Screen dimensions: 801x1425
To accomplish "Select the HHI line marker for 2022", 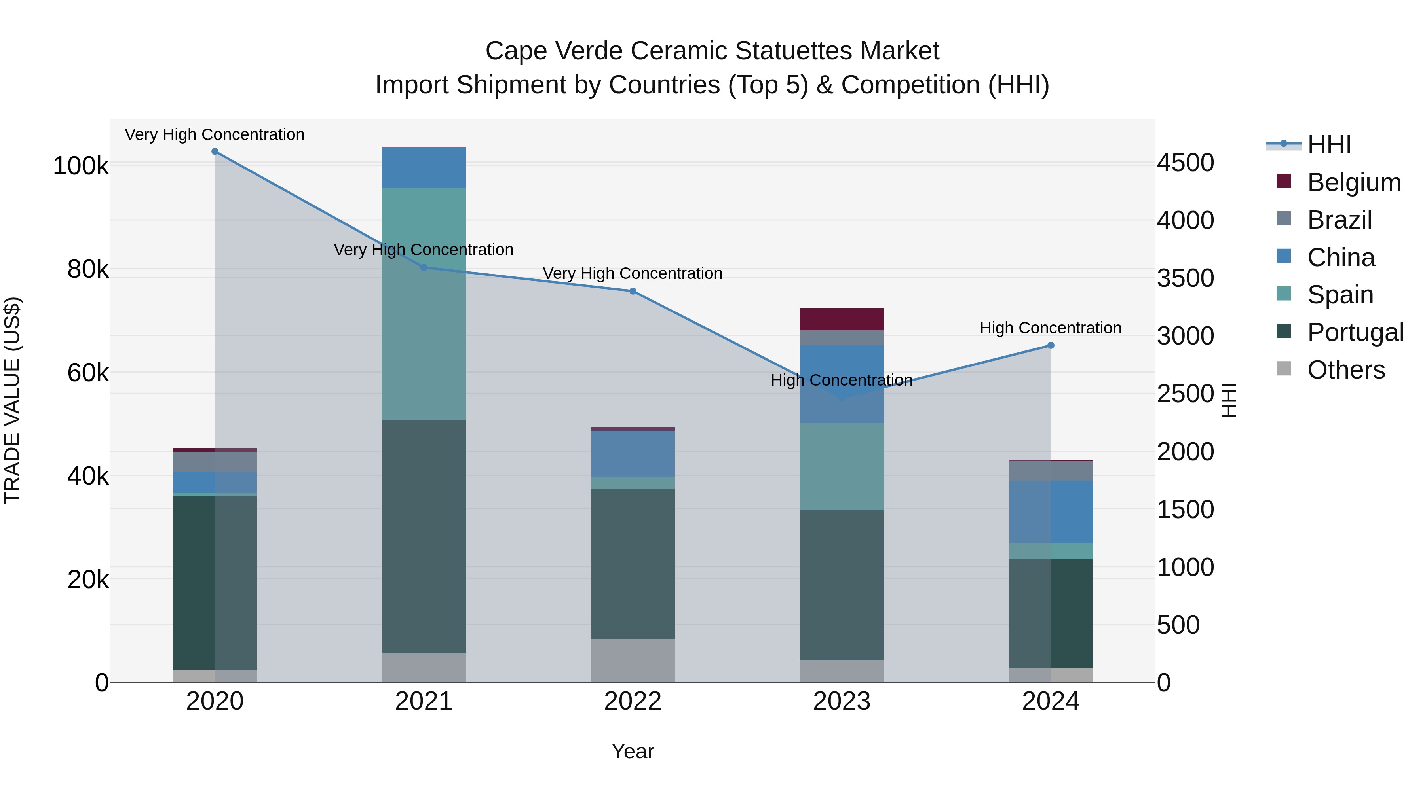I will click(633, 291).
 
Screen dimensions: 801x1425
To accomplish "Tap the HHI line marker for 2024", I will click(1051, 345).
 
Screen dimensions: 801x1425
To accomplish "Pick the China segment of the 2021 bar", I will click(424, 167).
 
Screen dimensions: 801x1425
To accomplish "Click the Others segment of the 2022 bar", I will click(633, 660).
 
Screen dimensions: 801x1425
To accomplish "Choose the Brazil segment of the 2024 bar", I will click(1051, 470).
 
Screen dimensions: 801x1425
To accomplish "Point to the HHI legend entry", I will click(1329, 145).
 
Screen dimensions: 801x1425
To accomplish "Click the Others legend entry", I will click(1345, 370).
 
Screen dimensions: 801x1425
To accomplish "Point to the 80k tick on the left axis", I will click(88, 269).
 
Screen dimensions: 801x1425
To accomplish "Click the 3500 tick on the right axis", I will click(1185, 278).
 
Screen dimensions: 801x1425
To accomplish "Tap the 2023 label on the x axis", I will click(842, 701).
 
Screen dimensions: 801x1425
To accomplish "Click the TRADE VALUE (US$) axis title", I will click(12, 400).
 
